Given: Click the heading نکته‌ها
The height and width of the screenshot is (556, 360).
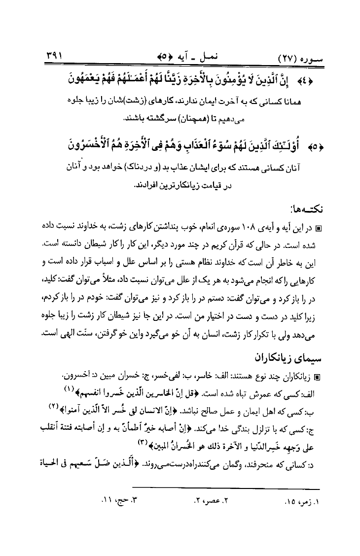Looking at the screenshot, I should point(306,208).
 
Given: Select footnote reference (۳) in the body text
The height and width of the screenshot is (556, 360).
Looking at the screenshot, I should point(144,443).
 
